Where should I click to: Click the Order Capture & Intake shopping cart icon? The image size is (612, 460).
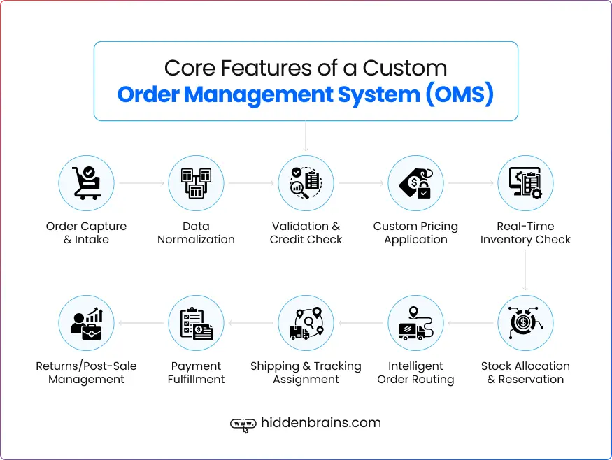86,183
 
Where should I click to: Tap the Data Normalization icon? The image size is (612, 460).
196,183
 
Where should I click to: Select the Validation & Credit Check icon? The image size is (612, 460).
306,183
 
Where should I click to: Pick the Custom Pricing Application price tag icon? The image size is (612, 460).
415,183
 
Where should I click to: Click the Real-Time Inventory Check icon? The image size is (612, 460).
525,183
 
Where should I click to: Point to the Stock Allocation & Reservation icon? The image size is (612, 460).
525,323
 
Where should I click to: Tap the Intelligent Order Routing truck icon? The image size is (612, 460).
415,323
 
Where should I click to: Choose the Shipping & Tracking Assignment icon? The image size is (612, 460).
306,323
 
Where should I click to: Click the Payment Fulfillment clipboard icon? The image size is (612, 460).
196,323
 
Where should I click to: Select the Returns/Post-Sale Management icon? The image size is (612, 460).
86,323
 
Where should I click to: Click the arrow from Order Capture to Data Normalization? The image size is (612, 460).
141,184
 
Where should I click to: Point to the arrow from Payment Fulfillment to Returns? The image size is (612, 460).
141,324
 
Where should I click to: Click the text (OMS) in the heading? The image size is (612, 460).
460,94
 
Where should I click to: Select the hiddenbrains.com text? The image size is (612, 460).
320,423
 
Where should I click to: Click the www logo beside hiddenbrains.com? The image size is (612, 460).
243,424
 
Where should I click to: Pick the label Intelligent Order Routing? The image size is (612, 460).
415,373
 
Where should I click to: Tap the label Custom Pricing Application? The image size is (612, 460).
415,233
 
